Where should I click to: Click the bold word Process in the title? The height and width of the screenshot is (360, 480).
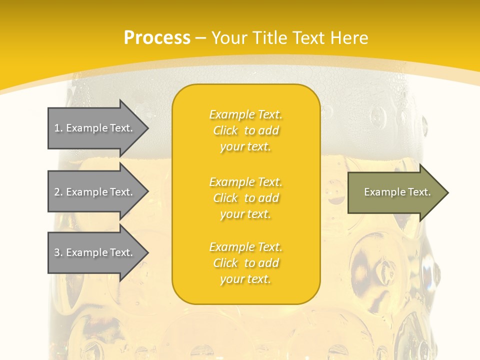pyautogui.click(x=157, y=38)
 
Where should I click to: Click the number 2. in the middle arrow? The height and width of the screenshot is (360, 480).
pyautogui.click(x=58, y=192)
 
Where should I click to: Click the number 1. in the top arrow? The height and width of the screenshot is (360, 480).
pyautogui.click(x=58, y=128)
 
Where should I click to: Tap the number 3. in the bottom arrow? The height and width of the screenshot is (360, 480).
pyautogui.click(x=58, y=252)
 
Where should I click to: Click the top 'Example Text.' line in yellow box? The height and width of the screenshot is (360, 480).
pyautogui.click(x=245, y=114)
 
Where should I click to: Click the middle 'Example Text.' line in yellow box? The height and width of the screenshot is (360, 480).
pyautogui.click(x=245, y=182)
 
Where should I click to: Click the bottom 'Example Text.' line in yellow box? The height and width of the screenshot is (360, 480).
pyautogui.click(x=245, y=247)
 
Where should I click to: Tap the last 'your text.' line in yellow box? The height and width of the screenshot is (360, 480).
pyautogui.click(x=245, y=279)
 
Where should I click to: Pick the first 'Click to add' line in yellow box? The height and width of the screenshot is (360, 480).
pyautogui.click(x=245, y=130)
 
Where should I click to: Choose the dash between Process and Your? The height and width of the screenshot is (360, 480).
pyautogui.click(x=200, y=38)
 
